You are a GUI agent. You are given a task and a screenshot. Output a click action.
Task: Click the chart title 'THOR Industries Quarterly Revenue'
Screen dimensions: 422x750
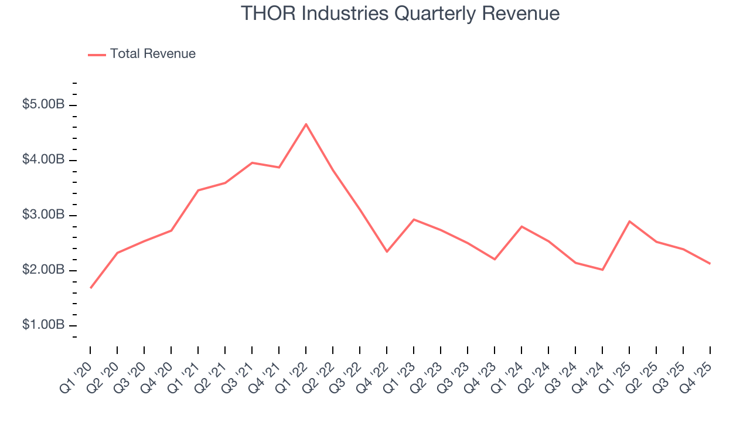[400, 14]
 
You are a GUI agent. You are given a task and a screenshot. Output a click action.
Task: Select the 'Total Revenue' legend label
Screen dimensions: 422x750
[152, 54]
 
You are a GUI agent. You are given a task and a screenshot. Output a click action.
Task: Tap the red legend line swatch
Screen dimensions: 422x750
[97, 55]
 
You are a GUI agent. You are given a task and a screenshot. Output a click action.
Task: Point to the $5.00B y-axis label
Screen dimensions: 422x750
[43, 105]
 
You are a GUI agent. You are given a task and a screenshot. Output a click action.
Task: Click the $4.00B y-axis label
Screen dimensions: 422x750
[43, 160]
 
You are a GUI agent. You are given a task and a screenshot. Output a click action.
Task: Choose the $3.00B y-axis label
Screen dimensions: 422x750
[43, 215]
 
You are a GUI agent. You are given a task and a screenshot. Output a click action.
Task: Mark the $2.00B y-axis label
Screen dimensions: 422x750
[43, 270]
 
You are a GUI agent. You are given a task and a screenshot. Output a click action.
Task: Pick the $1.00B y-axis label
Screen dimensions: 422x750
[43, 325]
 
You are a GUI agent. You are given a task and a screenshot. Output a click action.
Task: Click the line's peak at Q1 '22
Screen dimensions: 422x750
[306, 124]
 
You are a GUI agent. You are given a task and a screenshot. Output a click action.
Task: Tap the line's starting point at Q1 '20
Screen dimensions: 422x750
[91, 288]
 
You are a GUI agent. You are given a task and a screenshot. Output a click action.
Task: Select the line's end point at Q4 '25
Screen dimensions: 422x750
[710, 264]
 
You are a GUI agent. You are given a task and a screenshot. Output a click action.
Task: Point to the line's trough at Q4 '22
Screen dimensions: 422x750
[387, 251]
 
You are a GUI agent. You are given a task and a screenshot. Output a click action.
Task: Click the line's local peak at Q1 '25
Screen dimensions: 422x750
[629, 221]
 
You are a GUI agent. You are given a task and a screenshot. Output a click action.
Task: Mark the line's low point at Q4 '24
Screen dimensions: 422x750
[602, 270]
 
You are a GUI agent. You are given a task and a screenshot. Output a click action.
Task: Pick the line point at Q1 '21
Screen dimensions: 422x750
[198, 190]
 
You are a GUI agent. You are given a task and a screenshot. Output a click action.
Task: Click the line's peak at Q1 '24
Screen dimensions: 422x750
[521, 226]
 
